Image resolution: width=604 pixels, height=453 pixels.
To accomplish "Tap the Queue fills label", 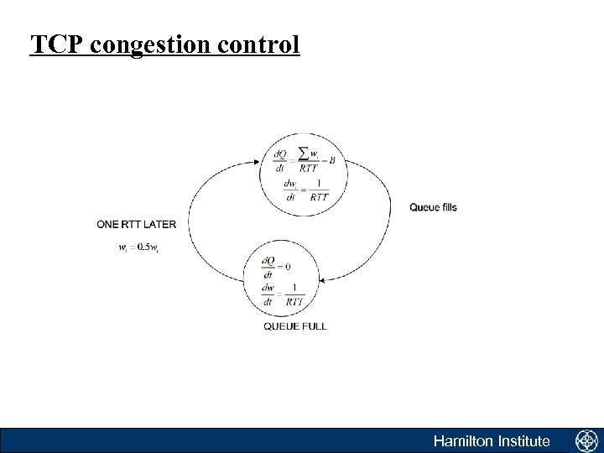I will point(433,207).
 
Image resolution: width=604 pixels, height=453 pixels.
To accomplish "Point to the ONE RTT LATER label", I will point(137,224).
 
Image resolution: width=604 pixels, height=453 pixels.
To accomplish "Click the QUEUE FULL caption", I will point(294,325).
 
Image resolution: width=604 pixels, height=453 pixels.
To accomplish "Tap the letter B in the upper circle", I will point(333,159).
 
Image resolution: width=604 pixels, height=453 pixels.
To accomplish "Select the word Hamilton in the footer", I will point(463,441).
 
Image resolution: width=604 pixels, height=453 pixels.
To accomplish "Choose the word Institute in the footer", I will point(523,441).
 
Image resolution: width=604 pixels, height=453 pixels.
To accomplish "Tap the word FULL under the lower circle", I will point(313,325).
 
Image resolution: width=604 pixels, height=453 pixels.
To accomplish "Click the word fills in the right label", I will point(448,207).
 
